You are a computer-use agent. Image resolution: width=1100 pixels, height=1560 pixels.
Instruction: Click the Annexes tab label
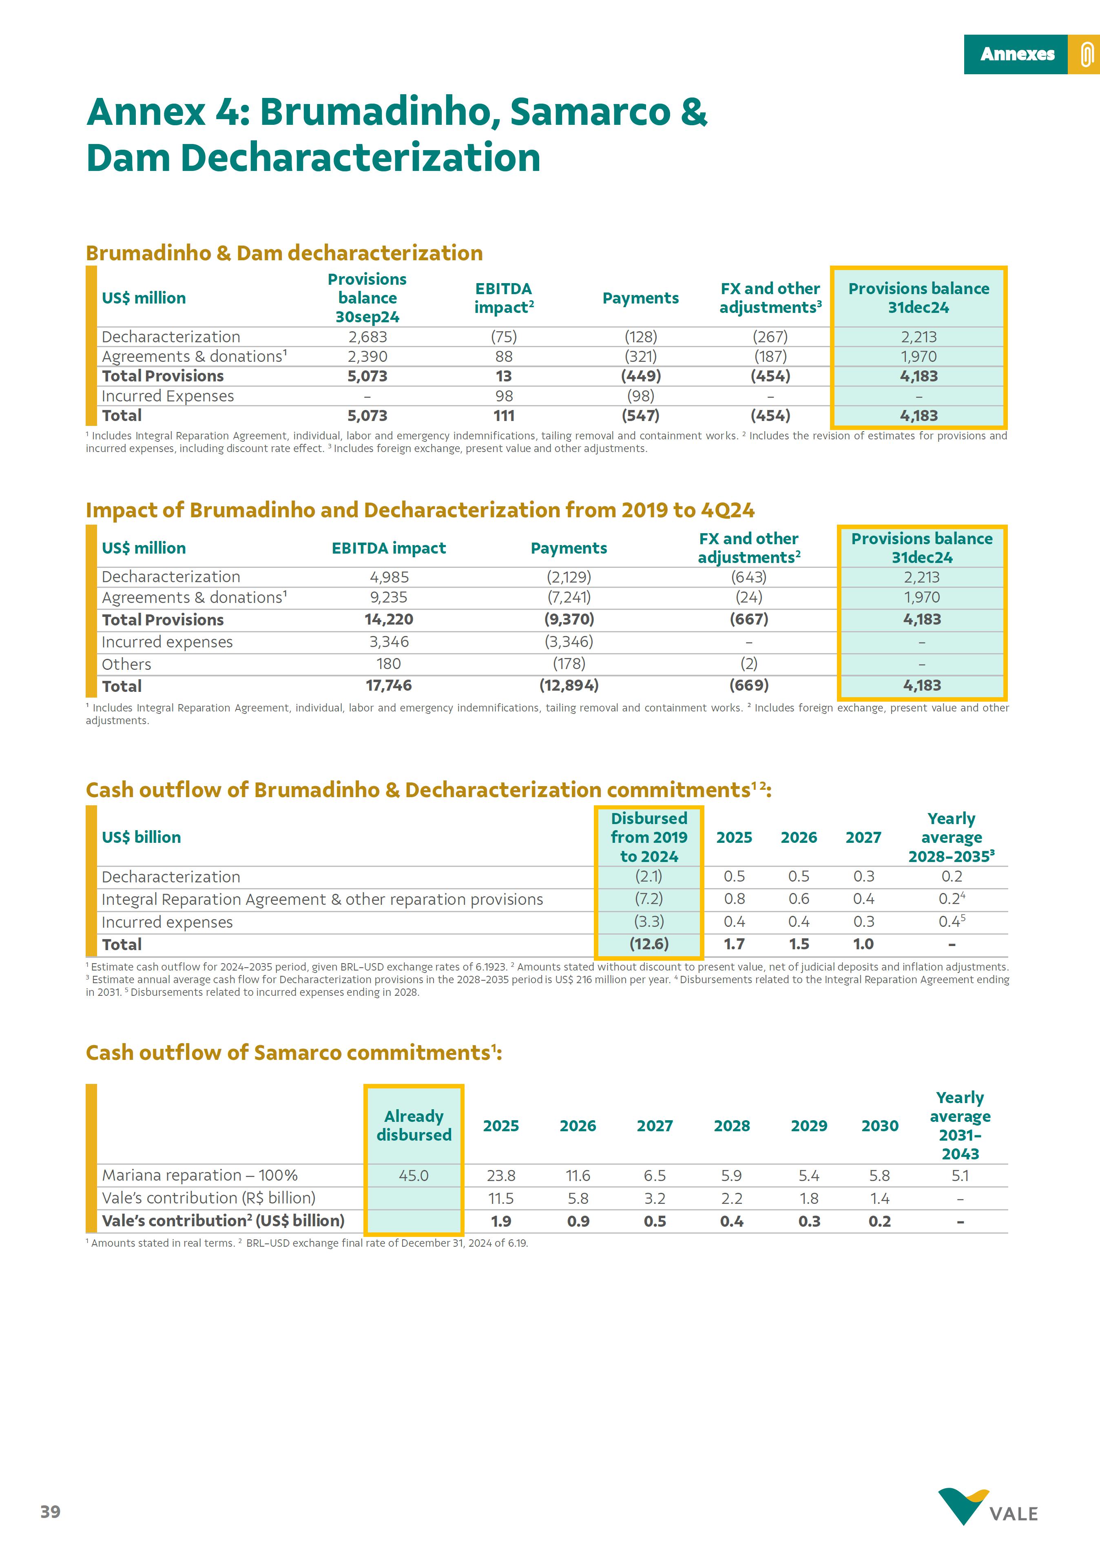pyautogui.click(x=1016, y=54)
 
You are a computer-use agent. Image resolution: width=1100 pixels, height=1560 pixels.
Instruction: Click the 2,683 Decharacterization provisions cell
pyautogui.click(x=367, y=337)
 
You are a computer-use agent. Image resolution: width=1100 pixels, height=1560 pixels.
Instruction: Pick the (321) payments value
pyautogui.click(x=640, y=357)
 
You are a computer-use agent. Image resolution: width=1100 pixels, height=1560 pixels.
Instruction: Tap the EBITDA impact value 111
pyautogui.click(x=503, y=416)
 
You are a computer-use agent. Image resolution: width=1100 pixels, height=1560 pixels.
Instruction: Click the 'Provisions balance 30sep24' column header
pyautogui.click(x=367, y=298)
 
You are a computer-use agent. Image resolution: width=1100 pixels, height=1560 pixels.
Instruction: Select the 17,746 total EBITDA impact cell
pyautogui.click(x=389, y=685)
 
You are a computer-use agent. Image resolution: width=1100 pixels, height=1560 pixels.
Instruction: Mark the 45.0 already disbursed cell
pyautogui.click(x=414, y=1175)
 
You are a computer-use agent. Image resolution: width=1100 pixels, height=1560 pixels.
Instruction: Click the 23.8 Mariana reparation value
pyautogui.click(x=501, y=1175)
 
